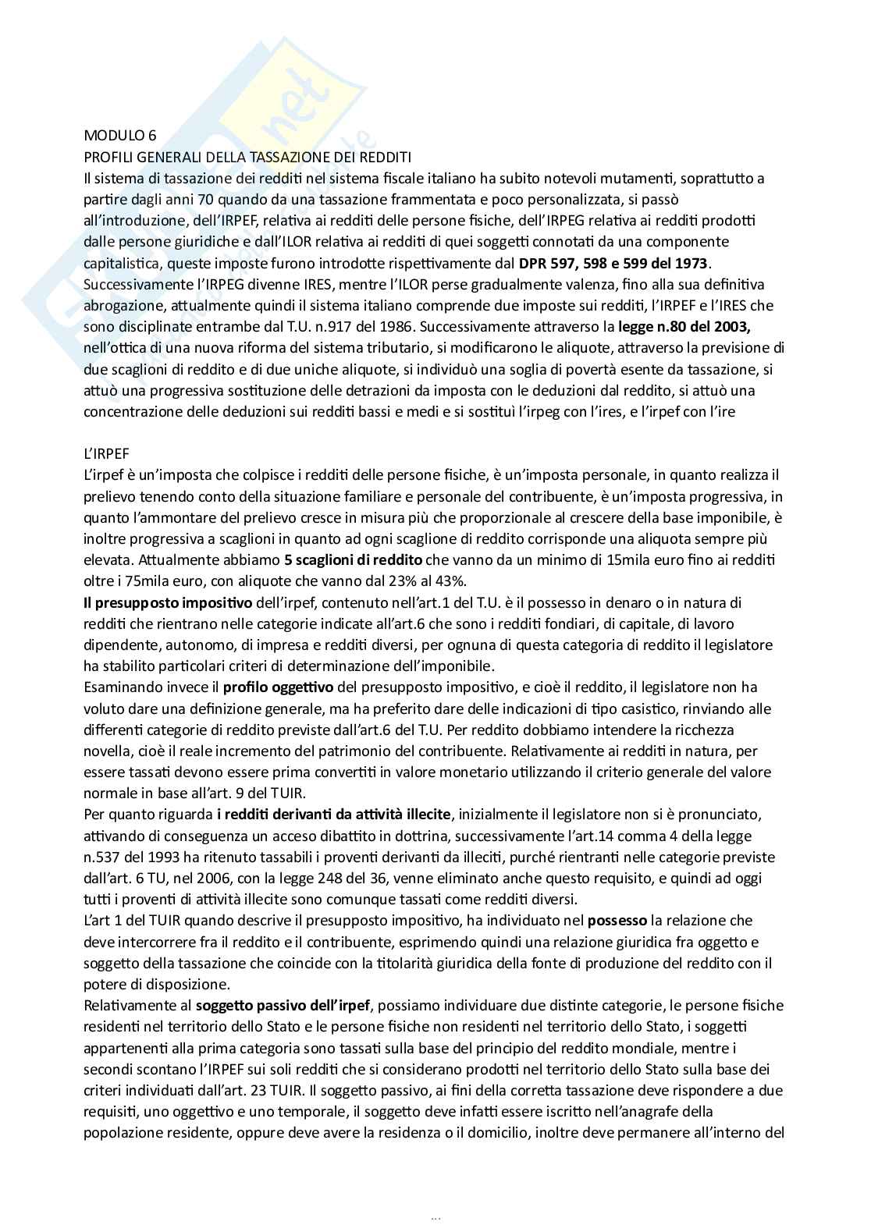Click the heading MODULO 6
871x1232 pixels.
coord(119,136)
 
